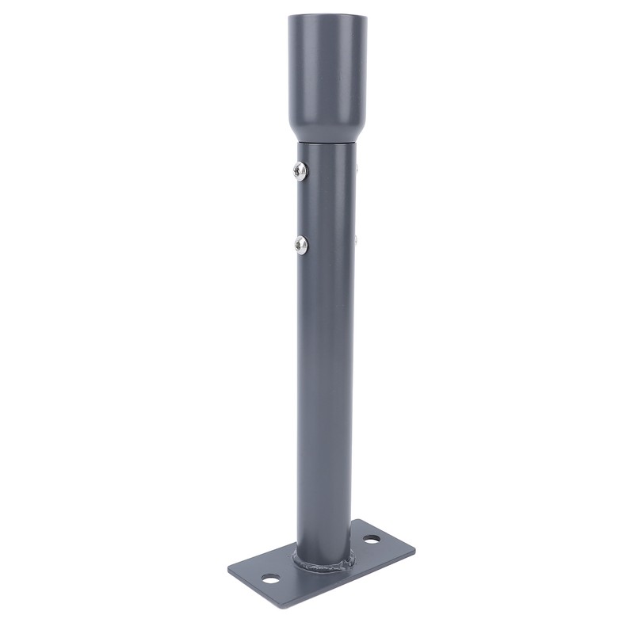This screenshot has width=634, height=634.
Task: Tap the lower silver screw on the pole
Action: pos(300,244)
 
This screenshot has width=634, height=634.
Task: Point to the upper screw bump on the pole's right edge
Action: pos(358,167)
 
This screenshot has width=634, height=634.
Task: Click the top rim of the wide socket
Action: pos(326,16)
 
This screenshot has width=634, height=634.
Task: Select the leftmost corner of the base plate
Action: pos(228,568)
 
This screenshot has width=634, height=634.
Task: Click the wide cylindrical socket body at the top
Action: pos(326,71)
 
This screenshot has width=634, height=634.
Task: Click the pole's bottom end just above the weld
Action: pos(325,543)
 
